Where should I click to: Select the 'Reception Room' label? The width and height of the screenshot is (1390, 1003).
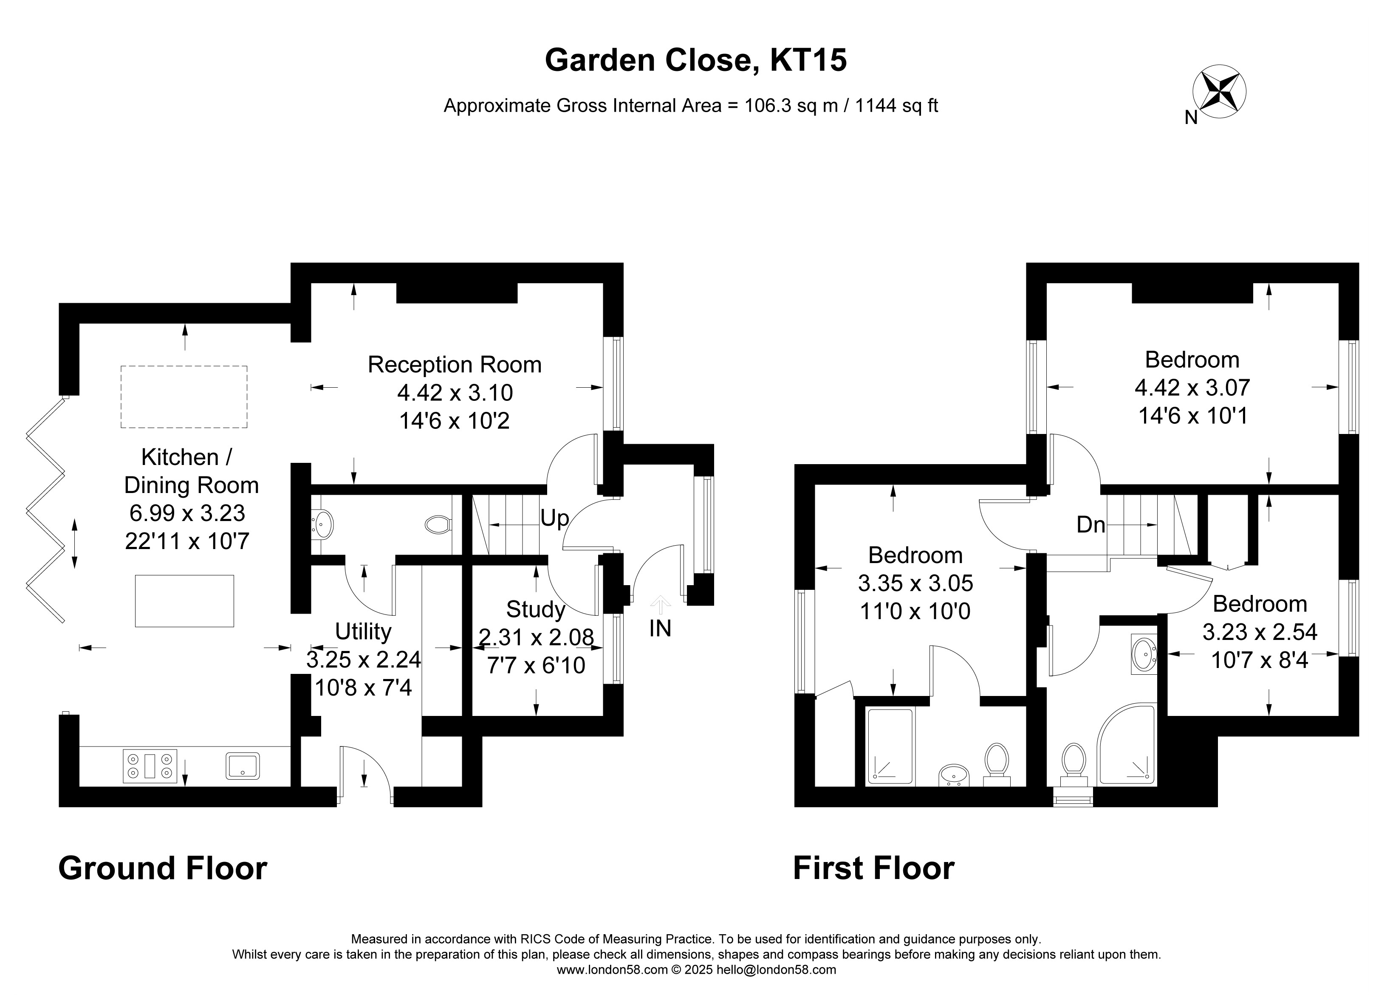[455, 365]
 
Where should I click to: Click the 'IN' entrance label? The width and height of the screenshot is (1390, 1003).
[660, 628]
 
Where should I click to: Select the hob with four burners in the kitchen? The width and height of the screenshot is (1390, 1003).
[150, 766]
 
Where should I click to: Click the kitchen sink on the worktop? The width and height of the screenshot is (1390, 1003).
[243, 766]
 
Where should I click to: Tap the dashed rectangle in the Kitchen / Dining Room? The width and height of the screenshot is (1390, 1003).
[184, 397]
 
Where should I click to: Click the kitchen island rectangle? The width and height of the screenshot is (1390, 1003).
[184, 600]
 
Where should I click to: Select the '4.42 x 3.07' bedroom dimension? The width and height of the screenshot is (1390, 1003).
[1192, 388]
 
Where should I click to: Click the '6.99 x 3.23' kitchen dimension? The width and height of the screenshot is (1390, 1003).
[187, 512]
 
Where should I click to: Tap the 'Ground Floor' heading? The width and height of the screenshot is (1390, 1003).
[162, 868]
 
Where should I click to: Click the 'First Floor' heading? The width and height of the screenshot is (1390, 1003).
[873, 868]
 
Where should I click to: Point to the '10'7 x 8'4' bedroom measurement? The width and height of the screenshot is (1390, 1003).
[1260, 660]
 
